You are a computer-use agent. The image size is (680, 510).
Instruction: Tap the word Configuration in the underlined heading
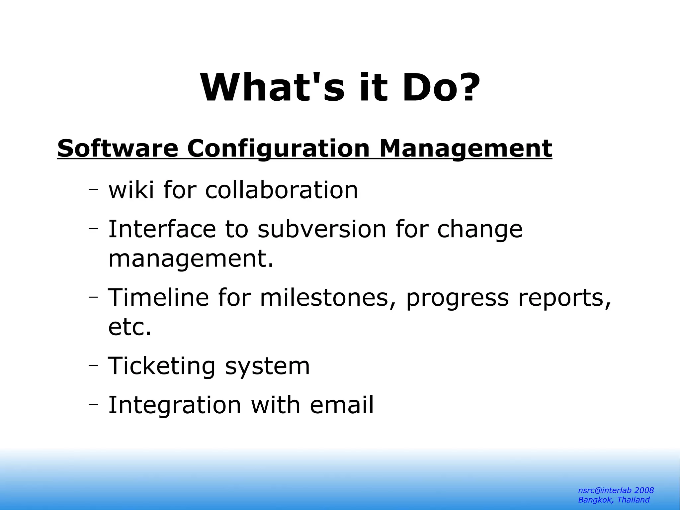(278, 149)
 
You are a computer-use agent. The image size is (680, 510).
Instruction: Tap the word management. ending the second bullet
(191, 259)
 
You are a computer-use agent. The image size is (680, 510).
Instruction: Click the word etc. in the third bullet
(129, 327)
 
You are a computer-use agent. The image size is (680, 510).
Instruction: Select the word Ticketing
(162, 366)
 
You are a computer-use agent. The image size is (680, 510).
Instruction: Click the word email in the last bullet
(342, 405)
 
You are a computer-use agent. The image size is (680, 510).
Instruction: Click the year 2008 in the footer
(644, 490)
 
